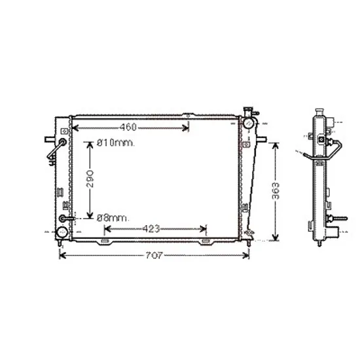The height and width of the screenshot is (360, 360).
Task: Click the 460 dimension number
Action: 128,127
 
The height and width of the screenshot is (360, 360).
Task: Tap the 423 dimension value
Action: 151,228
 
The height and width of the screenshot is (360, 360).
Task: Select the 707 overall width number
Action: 154,255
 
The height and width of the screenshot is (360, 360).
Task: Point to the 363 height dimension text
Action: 276,191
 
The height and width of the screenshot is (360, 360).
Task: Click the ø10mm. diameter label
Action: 115,143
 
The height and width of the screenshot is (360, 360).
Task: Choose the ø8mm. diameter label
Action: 113,218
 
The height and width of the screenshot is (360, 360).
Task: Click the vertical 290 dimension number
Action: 90,179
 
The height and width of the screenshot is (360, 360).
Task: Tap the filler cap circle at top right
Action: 248,124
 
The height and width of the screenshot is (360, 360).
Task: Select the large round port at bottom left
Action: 62,232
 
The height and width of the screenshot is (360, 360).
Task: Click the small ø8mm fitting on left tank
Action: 62,219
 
